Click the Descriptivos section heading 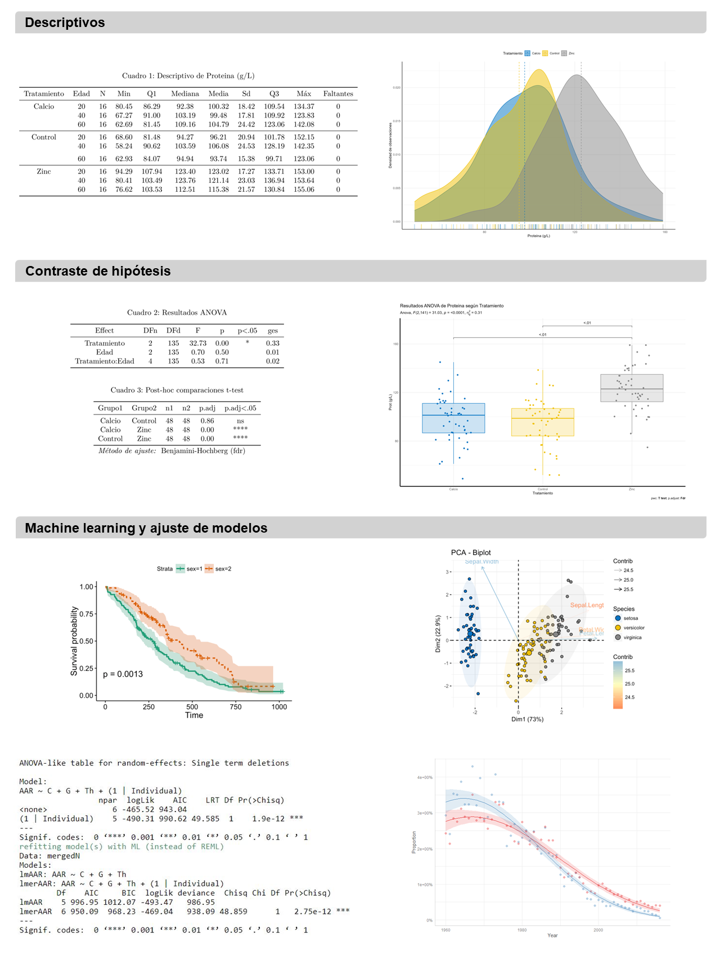65,22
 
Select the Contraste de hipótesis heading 98,271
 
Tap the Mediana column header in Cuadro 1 185,94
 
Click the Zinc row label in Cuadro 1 44,172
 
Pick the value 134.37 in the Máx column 304,106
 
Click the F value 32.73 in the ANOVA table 197,343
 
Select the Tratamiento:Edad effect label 105,361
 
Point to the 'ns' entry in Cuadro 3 240,421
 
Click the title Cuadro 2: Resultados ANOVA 177,313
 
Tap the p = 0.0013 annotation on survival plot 123,674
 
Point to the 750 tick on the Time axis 236,707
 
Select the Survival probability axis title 74,641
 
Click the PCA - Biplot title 471,552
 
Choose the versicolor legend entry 633,628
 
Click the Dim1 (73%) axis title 527,719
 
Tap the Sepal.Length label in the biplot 587,605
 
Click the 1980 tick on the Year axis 522,930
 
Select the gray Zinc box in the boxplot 632,388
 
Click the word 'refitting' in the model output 40,846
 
